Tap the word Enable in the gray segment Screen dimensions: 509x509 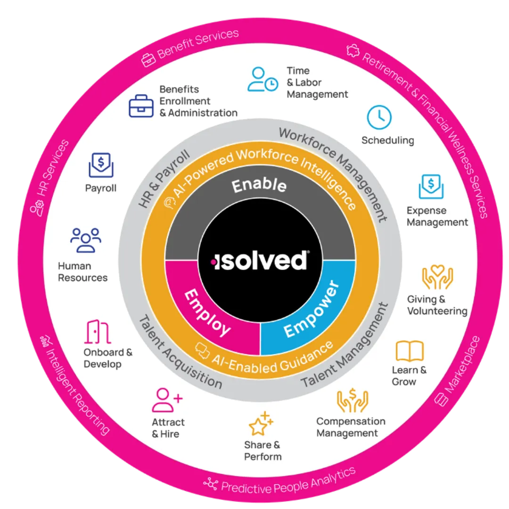[259, 185]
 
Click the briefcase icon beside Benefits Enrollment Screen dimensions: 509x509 [141, 106]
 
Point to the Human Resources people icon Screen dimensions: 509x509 [86, 240]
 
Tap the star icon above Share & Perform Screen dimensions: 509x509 [261, 424]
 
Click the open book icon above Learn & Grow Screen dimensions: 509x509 [410, 351]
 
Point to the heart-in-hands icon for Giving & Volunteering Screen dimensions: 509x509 [437, 278]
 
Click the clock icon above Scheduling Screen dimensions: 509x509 [379, 118]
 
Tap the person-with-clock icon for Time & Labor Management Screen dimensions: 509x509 [263, 79]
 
